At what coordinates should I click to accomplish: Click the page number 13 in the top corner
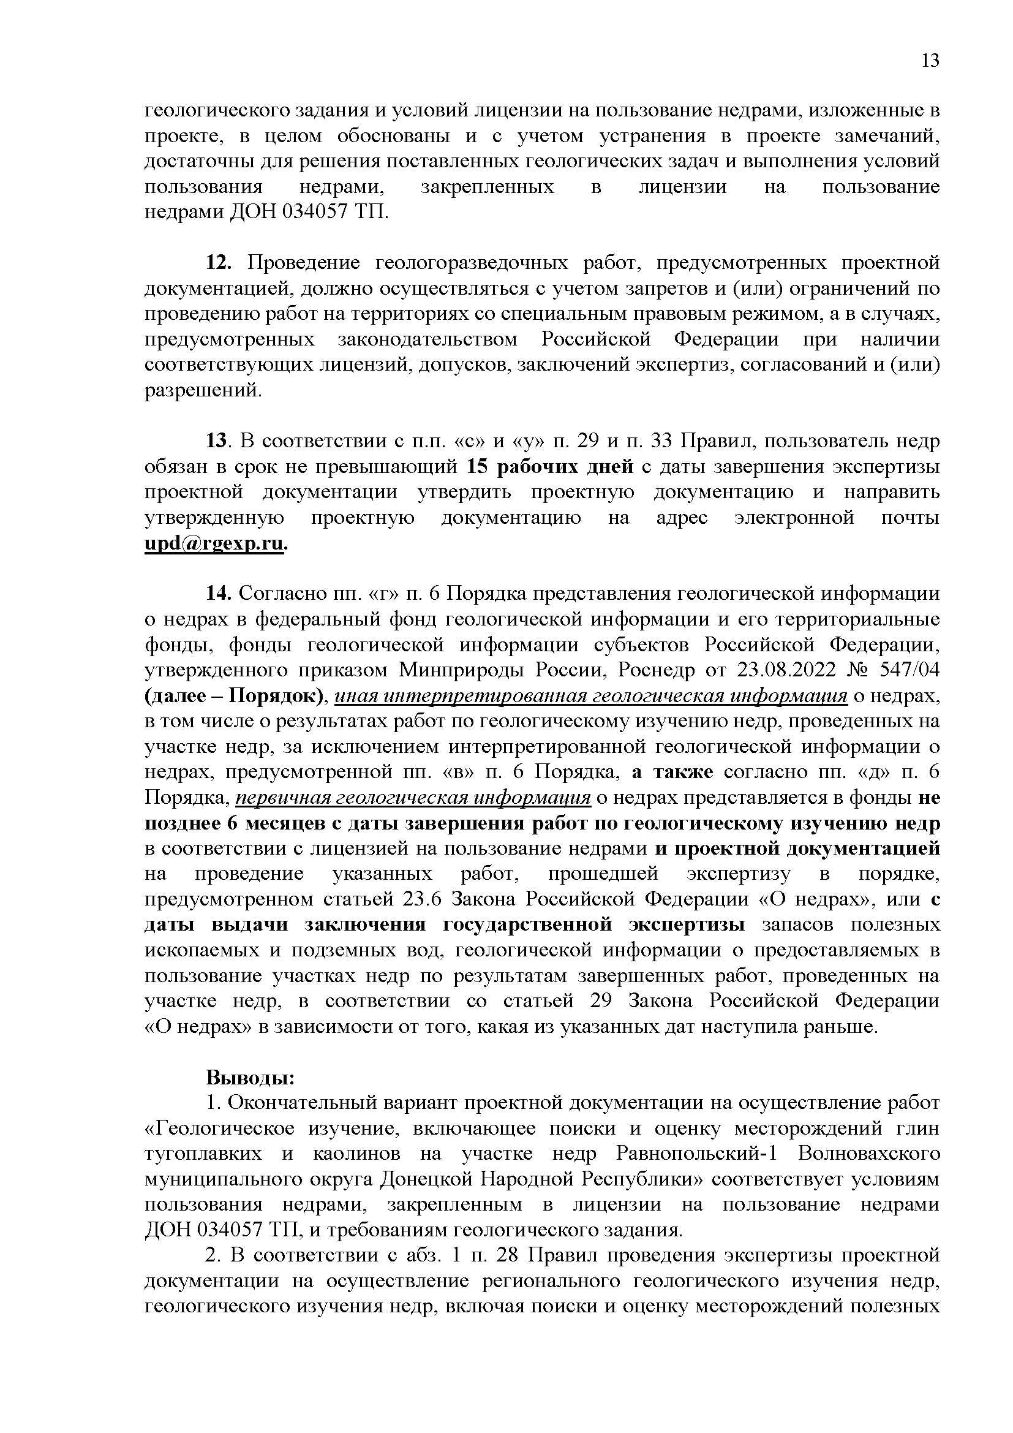pos(930,61)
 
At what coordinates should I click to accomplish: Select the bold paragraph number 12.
pos(218,263)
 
